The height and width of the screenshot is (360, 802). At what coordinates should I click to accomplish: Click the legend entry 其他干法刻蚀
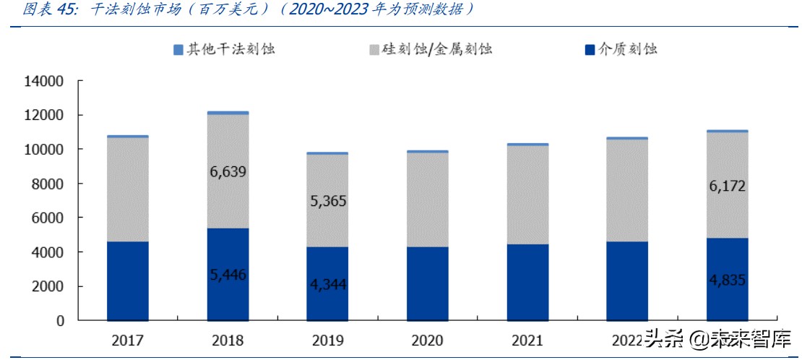(224, 49)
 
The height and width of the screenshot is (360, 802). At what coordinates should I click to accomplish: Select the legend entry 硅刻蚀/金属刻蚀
(430, 49)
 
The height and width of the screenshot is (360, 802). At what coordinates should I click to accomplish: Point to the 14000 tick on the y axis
(45, 82)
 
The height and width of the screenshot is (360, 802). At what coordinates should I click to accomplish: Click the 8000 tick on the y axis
(48, 184)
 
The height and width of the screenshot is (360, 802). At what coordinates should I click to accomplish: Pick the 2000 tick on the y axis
(48, 286)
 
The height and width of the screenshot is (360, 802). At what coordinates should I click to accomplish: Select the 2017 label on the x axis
(128, 340)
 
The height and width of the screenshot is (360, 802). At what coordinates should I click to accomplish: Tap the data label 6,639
(228, 172)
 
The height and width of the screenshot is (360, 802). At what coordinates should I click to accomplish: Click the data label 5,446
(228, 274)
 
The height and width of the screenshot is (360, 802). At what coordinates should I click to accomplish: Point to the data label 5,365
(327, 202)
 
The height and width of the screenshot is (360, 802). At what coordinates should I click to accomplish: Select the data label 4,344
(327, 284)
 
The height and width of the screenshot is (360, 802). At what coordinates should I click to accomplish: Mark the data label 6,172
(727, 187)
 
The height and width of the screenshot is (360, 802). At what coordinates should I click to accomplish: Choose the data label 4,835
(727, 279)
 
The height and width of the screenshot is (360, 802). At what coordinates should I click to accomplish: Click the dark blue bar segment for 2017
(128, 280)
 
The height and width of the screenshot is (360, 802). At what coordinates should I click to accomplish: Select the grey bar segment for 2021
(527, 195)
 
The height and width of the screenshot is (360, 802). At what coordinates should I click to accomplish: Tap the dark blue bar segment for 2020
(428, 283)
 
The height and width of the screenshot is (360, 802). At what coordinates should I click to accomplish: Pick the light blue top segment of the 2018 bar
(228, 113)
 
